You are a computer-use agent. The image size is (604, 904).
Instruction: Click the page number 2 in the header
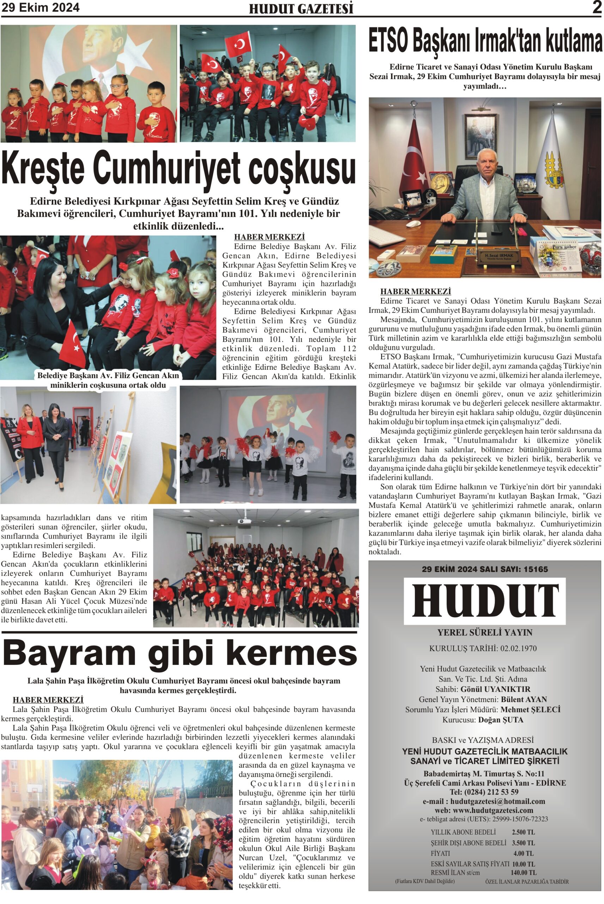(597, 7)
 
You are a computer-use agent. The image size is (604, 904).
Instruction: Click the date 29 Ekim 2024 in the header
(41, 7)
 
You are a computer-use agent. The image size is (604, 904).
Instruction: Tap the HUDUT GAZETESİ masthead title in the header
(301, 9)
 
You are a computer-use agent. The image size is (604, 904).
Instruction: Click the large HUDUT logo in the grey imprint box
(484, 601)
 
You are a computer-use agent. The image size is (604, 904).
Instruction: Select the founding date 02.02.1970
(518, 648)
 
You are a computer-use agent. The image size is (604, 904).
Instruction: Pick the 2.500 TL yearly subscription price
(523, 832)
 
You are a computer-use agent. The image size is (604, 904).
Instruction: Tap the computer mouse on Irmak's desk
(414, 223)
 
